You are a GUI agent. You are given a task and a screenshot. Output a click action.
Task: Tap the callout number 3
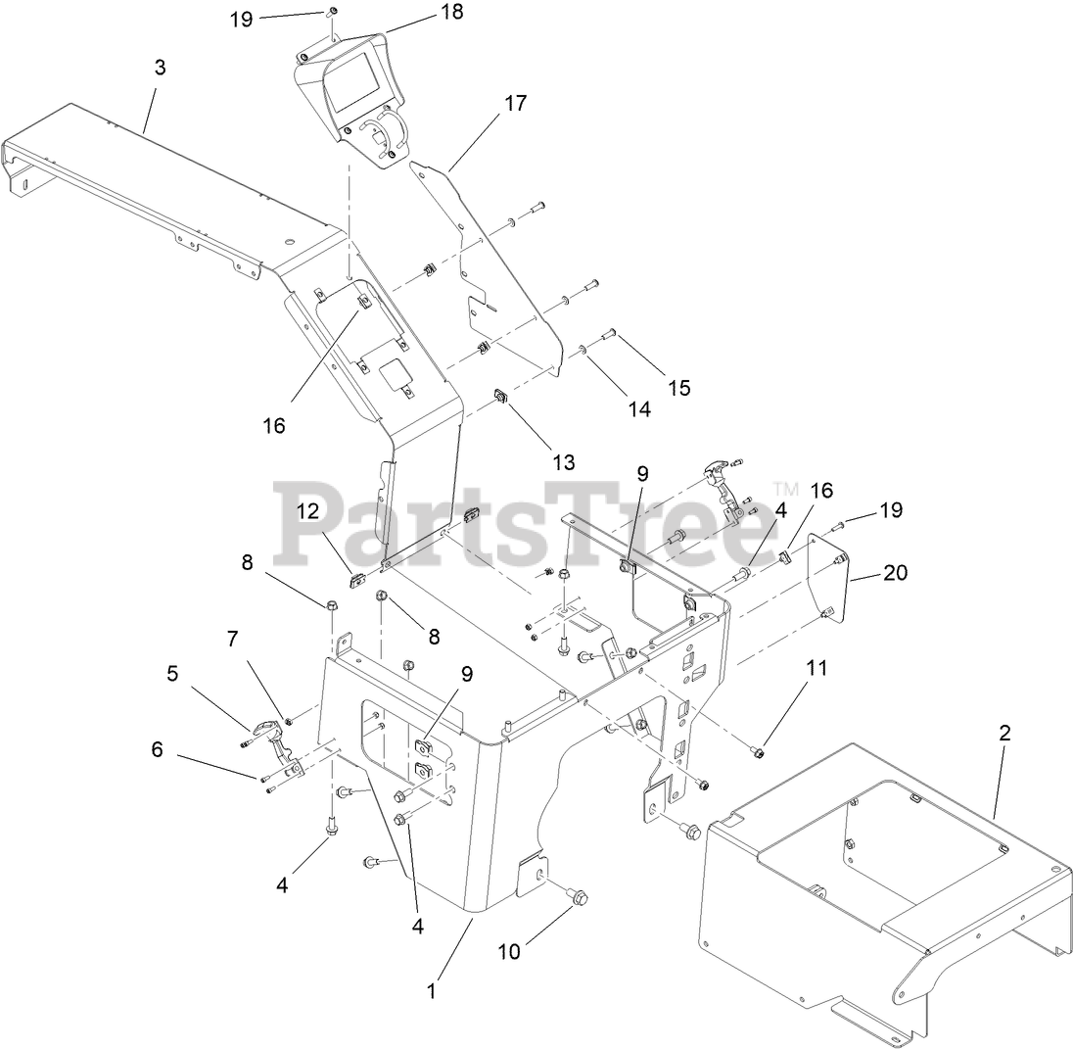point(160,68)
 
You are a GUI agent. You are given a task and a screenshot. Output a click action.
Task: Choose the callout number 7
point(232,640)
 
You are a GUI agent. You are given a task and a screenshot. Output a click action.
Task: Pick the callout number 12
point(308,510)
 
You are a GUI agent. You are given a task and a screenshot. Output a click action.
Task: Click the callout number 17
point(515,102)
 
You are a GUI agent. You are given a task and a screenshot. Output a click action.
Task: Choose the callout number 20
point(895,572)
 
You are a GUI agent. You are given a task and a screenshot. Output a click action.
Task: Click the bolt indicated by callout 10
point(577,894)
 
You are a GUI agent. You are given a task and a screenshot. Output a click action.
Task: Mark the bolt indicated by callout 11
point(758,751)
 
